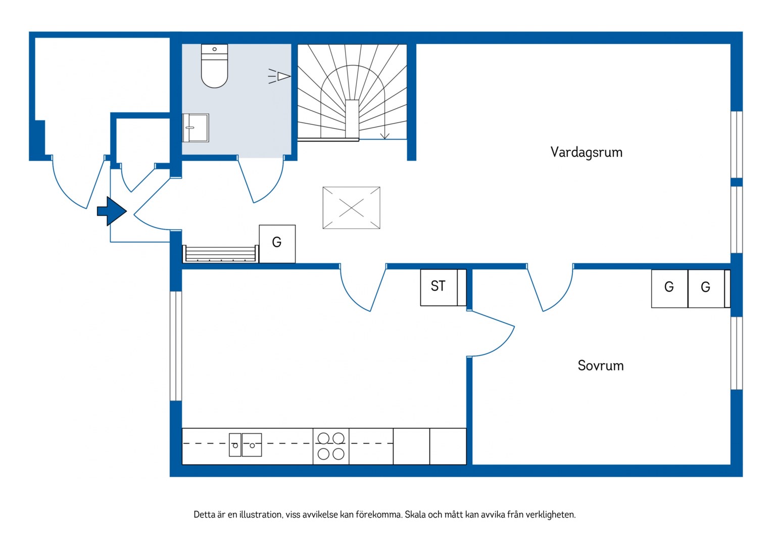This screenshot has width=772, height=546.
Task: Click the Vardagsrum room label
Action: point(586,153)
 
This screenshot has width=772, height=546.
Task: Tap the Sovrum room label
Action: point(601,366)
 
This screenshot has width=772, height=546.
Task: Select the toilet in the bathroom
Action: point(214,66)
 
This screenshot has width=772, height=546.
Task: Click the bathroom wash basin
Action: point(196,128)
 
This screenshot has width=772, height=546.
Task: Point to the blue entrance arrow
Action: point(112,211)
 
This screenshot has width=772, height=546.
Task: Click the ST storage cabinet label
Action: point(438,286)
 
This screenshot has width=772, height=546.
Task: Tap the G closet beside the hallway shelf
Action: point(277,244)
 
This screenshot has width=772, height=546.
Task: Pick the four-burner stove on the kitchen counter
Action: point(331,446)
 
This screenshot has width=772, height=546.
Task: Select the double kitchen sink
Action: point(246,445)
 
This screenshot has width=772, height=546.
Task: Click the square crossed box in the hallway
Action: point(351,208)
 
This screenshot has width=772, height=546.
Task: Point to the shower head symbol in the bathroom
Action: point(279,76)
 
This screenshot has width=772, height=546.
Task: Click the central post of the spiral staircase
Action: point(352,119)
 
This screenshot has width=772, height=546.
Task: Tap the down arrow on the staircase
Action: point(384,130)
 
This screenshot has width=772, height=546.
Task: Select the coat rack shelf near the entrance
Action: point(221,254)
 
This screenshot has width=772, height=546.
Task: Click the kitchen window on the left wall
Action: point(176,346)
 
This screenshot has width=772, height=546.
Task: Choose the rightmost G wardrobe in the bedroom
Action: point(706,289)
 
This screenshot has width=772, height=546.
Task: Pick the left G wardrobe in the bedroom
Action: point(669,289)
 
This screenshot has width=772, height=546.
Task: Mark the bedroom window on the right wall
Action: point(737,353)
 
